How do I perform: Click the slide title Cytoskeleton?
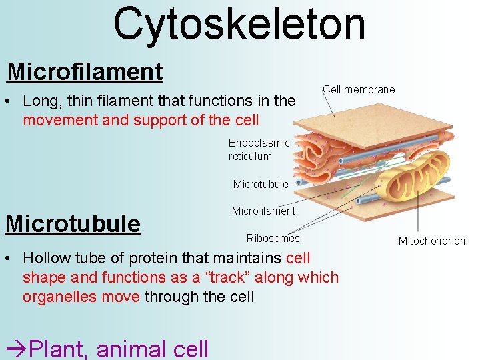click(239, 25)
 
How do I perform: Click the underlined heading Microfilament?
click(85, 71)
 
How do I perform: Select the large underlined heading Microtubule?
click(73, 223)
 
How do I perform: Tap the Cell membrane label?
click(359, 89)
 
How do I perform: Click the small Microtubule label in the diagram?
click(260, 184)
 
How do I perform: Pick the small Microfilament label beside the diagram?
click(263, 211)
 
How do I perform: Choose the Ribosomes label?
click(273, 238)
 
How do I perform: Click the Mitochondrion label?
click(431, 241)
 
